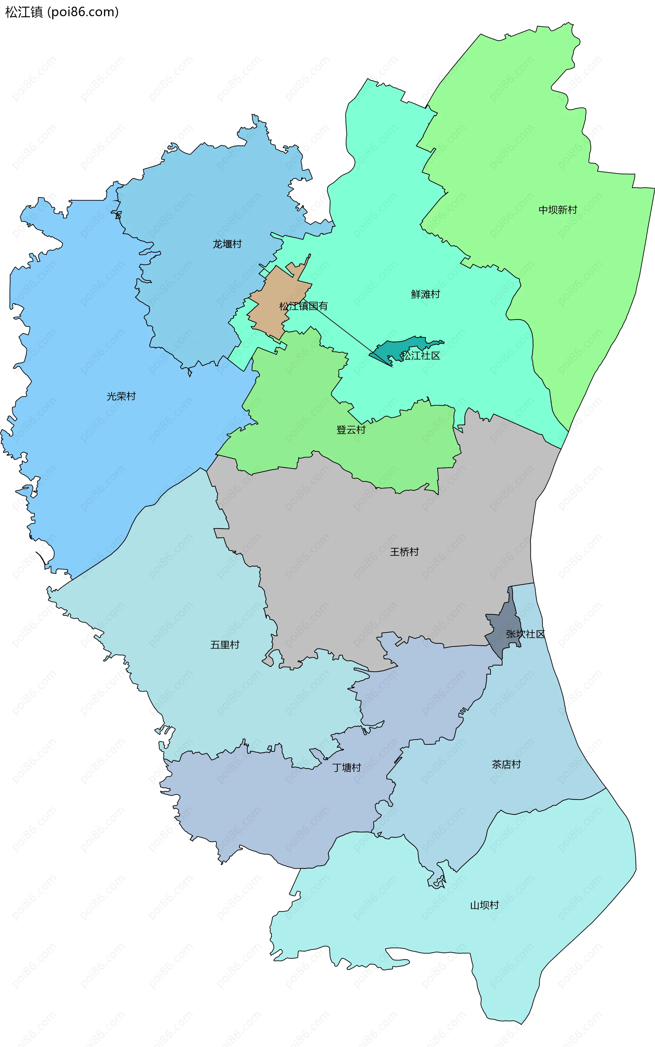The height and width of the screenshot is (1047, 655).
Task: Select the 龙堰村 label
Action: coord(227,244)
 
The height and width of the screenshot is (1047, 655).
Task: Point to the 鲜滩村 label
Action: coord(425,294)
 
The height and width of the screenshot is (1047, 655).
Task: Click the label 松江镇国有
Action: coord(303,306)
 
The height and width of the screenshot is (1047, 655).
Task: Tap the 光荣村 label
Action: coord(121,396)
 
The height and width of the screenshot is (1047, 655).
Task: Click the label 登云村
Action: coord(351,430)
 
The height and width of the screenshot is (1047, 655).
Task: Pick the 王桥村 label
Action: coord(404,552)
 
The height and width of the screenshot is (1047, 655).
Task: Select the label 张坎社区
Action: coord(525,634)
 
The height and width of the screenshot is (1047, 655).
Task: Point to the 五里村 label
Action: coord(225,645)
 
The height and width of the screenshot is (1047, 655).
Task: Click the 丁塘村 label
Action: coord(347,768)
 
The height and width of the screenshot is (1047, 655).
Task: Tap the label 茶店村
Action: coord(506,765)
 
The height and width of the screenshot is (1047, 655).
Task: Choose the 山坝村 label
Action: coord(484,905)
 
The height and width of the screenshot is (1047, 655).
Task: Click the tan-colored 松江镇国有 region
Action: coord(271,290)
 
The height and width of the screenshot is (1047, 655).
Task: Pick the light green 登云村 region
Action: coord(294,390)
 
